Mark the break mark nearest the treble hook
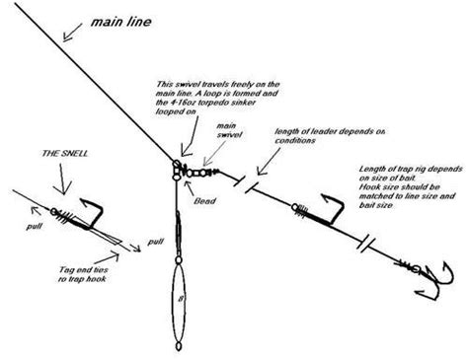coord(368,239)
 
